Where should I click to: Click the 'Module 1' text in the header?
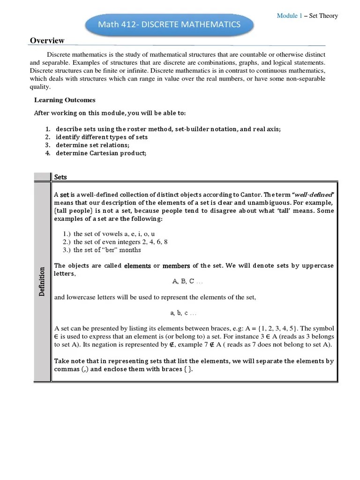(289, 16)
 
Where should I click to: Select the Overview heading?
(47, 41)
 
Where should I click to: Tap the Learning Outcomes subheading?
(65, 100)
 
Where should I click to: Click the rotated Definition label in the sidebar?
(42, 281)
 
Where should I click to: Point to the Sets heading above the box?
(60, 177)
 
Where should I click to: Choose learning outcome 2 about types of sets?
(102, 137)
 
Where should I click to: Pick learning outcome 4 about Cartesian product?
(101, 153)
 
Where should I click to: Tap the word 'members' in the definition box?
(176, 266)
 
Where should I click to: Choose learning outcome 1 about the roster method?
(168, 129)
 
